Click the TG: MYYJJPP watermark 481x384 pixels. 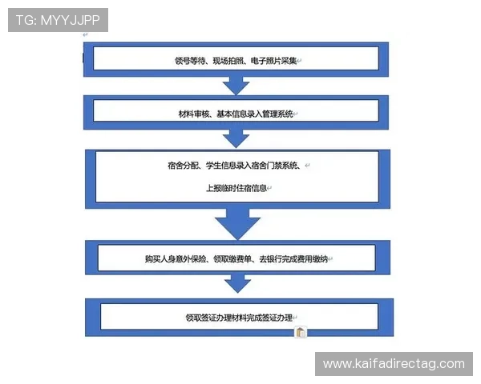coord(58,20)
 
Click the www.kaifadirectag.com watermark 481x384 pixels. coord(394,364)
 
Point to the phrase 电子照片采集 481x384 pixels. coord(273,61)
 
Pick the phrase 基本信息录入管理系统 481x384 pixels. coord(255,114)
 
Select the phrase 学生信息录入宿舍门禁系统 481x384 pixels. coord(252,166)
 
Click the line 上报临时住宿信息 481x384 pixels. coord(236,188)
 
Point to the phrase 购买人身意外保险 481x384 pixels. coord(176,259)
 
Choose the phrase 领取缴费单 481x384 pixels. coord(232,259)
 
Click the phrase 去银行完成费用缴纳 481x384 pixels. coord(293,259)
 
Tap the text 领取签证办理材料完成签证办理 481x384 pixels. coord(239,318)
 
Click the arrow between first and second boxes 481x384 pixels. coord(236,86)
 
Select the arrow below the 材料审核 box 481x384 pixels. coord(236,138)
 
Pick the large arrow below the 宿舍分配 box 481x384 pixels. coord(237,224)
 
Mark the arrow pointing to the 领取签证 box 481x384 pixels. coord(238,284)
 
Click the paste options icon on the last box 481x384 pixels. coord(301,332)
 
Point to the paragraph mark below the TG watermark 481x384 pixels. coord(85,35)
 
